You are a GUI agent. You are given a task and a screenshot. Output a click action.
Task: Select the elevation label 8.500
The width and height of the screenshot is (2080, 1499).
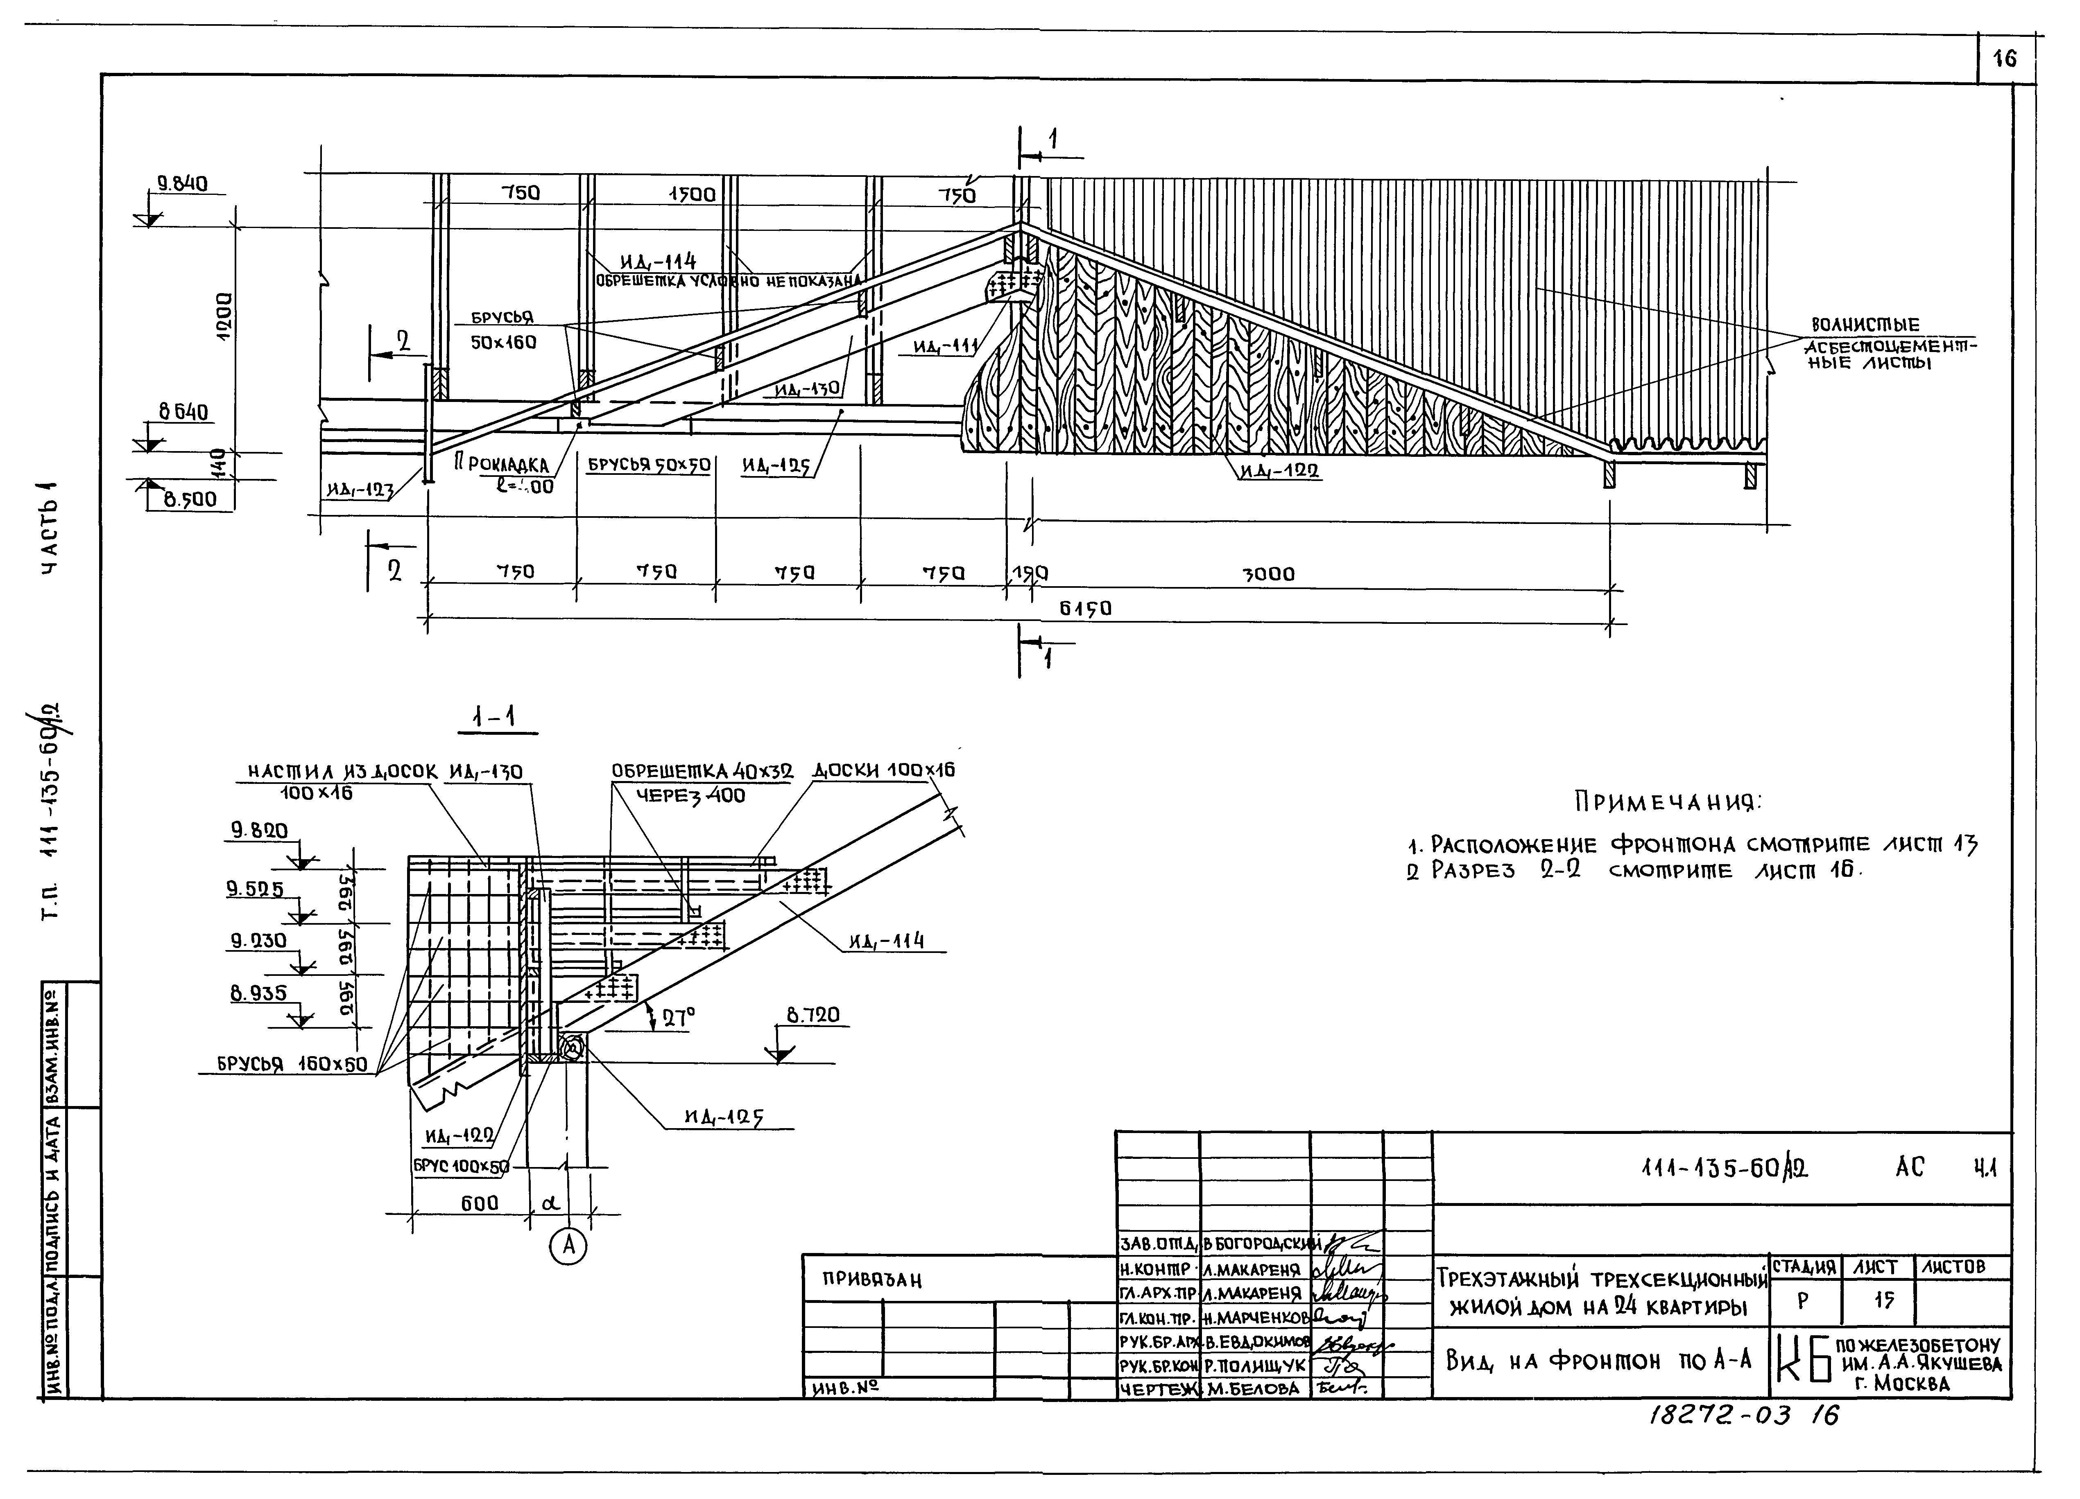point(190,500)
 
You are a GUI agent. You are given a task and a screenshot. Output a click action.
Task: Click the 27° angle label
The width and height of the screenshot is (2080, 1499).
point(678,1016)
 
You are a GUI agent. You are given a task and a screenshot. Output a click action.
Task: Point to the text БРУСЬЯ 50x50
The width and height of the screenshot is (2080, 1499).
point(650,465)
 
